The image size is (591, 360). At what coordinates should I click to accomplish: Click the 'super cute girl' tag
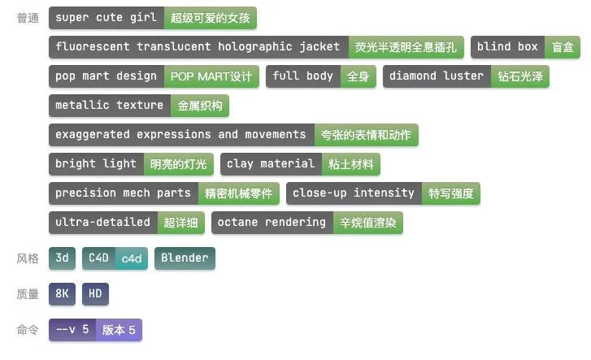106,17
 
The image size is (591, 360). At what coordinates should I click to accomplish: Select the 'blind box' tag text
507,47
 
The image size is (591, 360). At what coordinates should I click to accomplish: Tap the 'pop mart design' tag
106,76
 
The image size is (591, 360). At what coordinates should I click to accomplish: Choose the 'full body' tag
302,76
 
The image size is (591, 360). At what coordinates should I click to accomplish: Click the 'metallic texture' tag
109,106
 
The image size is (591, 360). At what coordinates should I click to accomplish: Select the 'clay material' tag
270,164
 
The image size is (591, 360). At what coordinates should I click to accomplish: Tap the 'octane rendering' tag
272,222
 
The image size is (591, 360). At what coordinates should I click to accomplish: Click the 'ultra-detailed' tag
102,222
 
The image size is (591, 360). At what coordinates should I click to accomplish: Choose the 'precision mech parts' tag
123,193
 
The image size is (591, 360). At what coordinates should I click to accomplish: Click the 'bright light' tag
96,164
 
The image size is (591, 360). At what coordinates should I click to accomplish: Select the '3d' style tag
63,258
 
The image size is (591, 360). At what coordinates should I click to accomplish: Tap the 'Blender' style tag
185,258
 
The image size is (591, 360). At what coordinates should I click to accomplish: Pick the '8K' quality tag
62,294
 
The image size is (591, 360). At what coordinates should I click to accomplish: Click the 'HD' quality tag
95,294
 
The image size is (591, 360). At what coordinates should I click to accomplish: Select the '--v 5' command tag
72,330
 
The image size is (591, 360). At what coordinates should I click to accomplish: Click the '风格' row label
27,258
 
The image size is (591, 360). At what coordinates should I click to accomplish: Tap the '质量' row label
27,294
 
